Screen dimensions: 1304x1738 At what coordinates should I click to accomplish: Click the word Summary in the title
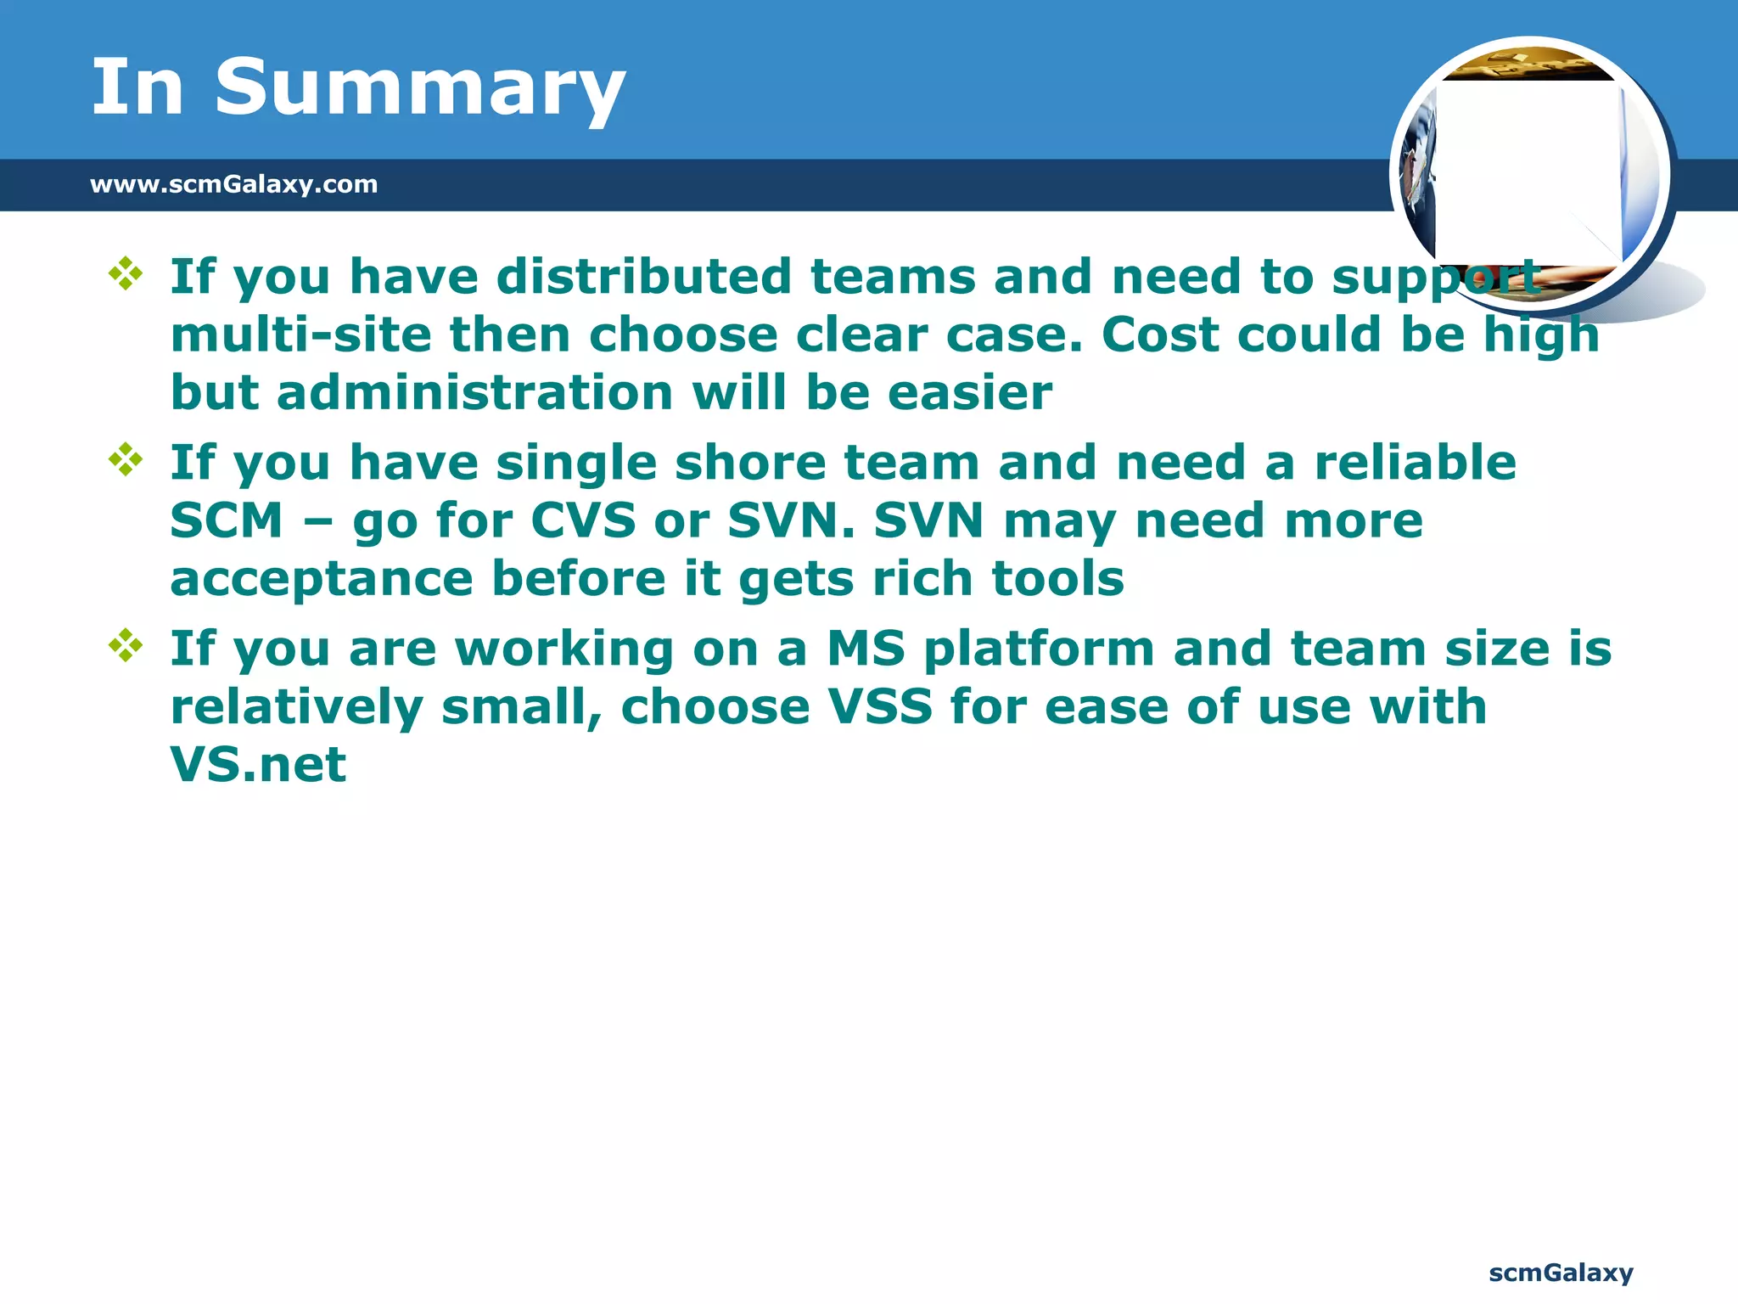pos(419,87)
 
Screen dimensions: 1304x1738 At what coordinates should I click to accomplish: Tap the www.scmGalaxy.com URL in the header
pos(233,184)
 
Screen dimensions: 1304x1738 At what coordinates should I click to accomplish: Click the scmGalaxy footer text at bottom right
pos(1561,1273)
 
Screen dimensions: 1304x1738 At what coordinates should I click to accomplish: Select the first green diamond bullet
pos(126,273)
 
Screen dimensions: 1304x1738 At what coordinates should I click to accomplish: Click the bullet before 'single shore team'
pos(126,459)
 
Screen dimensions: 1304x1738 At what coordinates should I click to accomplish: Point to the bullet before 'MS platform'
pos(126,645)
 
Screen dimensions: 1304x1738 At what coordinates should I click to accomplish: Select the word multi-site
pos(301,334)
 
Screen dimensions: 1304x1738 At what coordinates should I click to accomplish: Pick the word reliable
pos(1415,463)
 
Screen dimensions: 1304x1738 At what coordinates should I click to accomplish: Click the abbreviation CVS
pos(583,520)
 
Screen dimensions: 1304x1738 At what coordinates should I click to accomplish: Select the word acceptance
pos(322,579)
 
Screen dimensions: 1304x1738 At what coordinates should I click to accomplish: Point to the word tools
pos(1058,579)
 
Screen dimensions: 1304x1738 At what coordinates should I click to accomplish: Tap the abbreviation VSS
pos(880,707)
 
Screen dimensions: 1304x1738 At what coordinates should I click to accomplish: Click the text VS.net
pos(258,765)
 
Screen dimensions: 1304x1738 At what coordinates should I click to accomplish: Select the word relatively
pos(296,707)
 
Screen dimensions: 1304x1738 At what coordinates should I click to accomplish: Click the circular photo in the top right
pos(1530,175)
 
